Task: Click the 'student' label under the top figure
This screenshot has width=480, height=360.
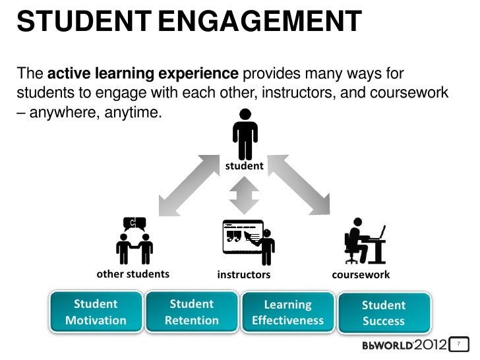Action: point(245,167)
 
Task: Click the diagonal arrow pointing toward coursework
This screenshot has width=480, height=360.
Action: point(299,181)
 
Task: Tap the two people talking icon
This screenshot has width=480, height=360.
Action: point(134,241)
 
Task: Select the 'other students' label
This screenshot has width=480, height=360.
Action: point(133,274)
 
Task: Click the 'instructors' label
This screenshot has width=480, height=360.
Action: point(244,274)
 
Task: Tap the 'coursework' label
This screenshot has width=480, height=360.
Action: point(361,274)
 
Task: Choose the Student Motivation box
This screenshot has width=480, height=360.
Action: point(96,313)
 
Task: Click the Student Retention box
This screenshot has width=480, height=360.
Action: point(192,313)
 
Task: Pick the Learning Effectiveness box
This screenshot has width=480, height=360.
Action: point(287,313)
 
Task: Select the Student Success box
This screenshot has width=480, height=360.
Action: point(384,313)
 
